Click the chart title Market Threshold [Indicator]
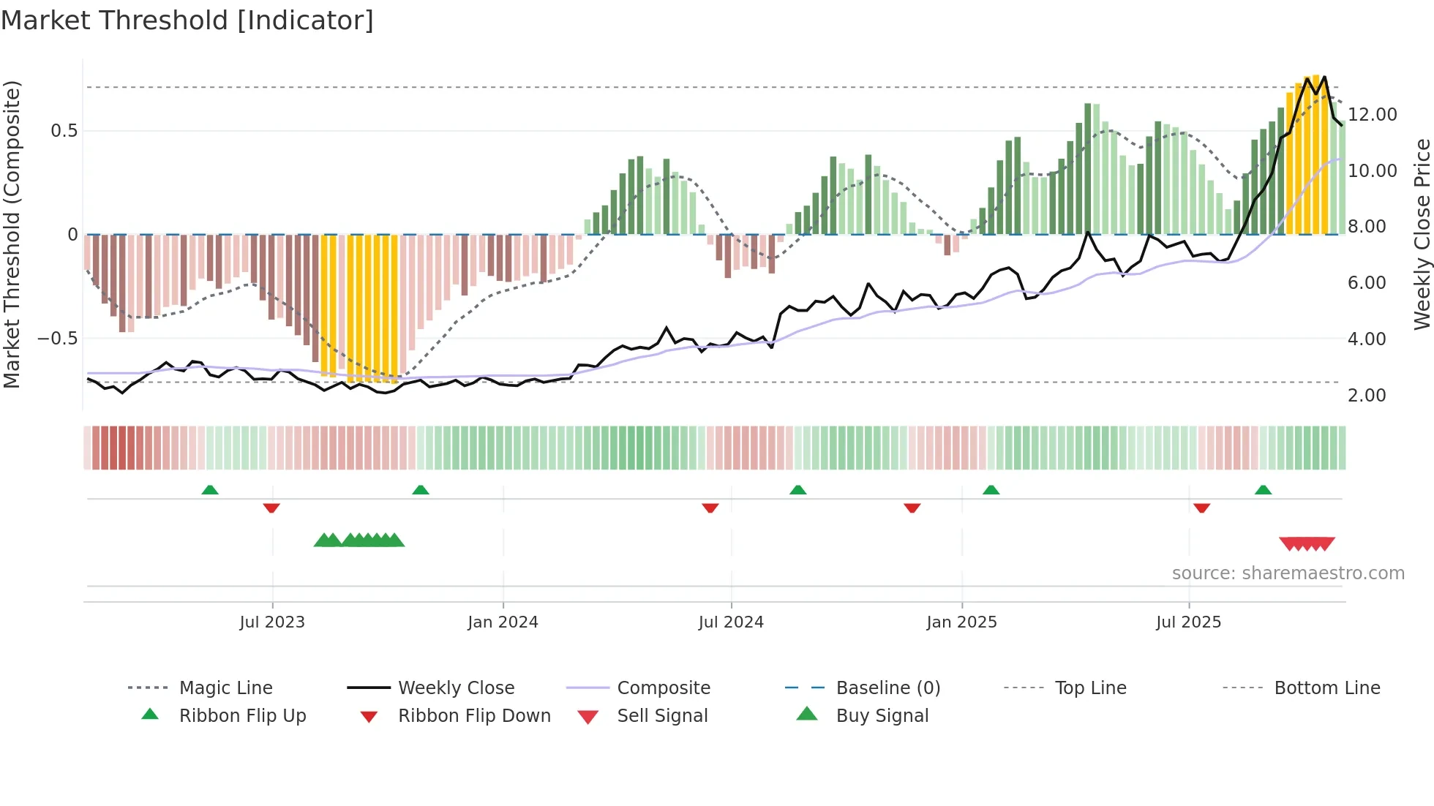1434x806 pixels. (x=187, y=20)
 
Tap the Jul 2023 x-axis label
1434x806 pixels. (x=272, y=622)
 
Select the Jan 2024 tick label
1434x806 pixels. (x=503, y=622)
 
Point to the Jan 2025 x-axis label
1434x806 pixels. (x=961, y=622)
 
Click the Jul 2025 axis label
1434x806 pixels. (x=1188, y=622)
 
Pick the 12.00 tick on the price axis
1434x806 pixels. (x=1373, y=115)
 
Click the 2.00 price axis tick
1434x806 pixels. (x=1367, y=396)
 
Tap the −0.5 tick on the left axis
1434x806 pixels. (x=57, y=339)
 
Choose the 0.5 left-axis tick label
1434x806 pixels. (x=64, y=131)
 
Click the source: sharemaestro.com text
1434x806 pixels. (x=1288, y=573)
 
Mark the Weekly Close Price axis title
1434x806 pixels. (x=1422, y=234)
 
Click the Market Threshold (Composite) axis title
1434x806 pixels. (x=12, y=234)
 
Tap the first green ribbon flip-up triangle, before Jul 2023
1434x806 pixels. (x=210, y=489)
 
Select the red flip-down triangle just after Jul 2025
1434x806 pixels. (x=1201, y=508)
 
